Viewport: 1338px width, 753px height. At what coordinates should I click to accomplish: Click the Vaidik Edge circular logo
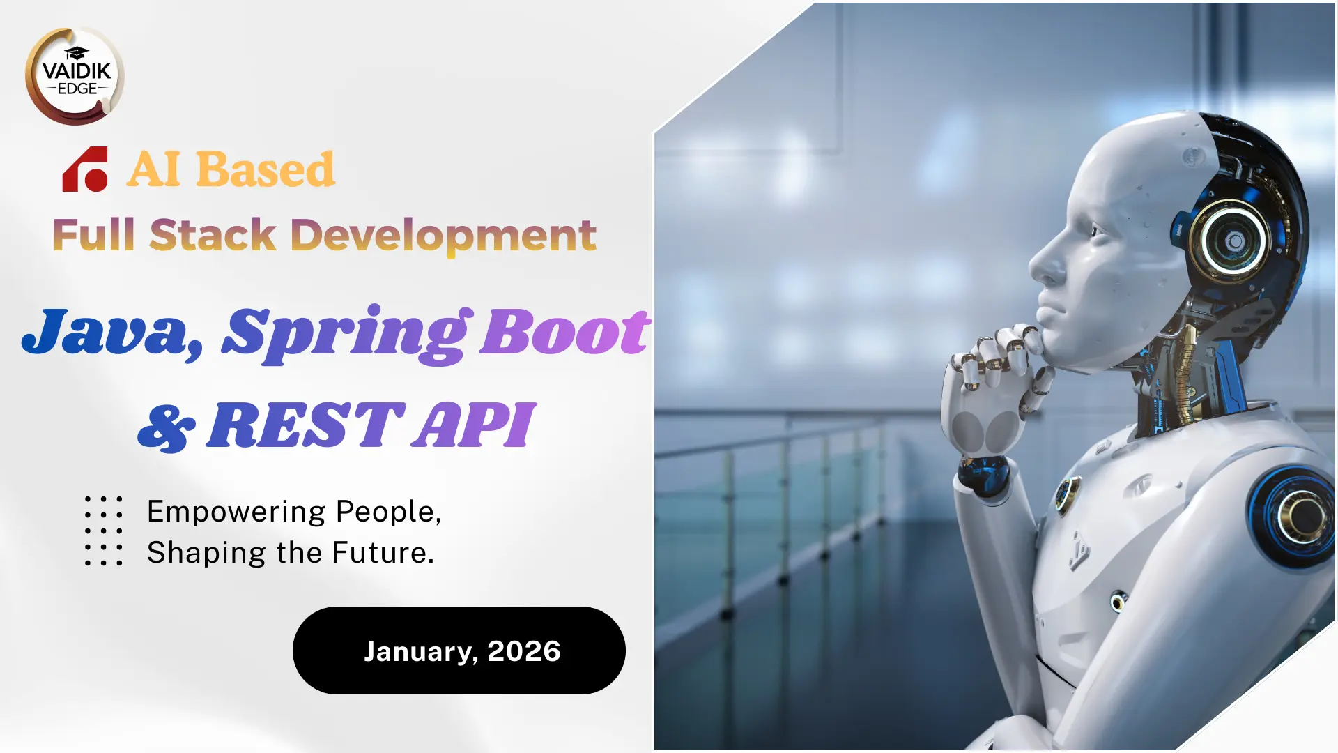coord(75,76)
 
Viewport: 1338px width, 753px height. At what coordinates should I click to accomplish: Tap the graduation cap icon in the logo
coord(77,54)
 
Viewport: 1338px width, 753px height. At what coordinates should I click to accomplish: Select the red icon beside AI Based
coord(85,169)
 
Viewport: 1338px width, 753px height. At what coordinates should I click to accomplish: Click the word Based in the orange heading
coord(266,169)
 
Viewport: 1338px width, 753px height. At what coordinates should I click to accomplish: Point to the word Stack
coord(213,234)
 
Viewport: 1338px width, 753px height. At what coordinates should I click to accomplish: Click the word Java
coord(111,333)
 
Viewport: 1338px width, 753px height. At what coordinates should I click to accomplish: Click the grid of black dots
coord(104,531)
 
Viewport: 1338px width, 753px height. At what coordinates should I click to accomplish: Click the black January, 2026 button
coord(459,651)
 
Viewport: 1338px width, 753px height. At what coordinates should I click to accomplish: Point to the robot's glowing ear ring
coord(1230,241)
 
